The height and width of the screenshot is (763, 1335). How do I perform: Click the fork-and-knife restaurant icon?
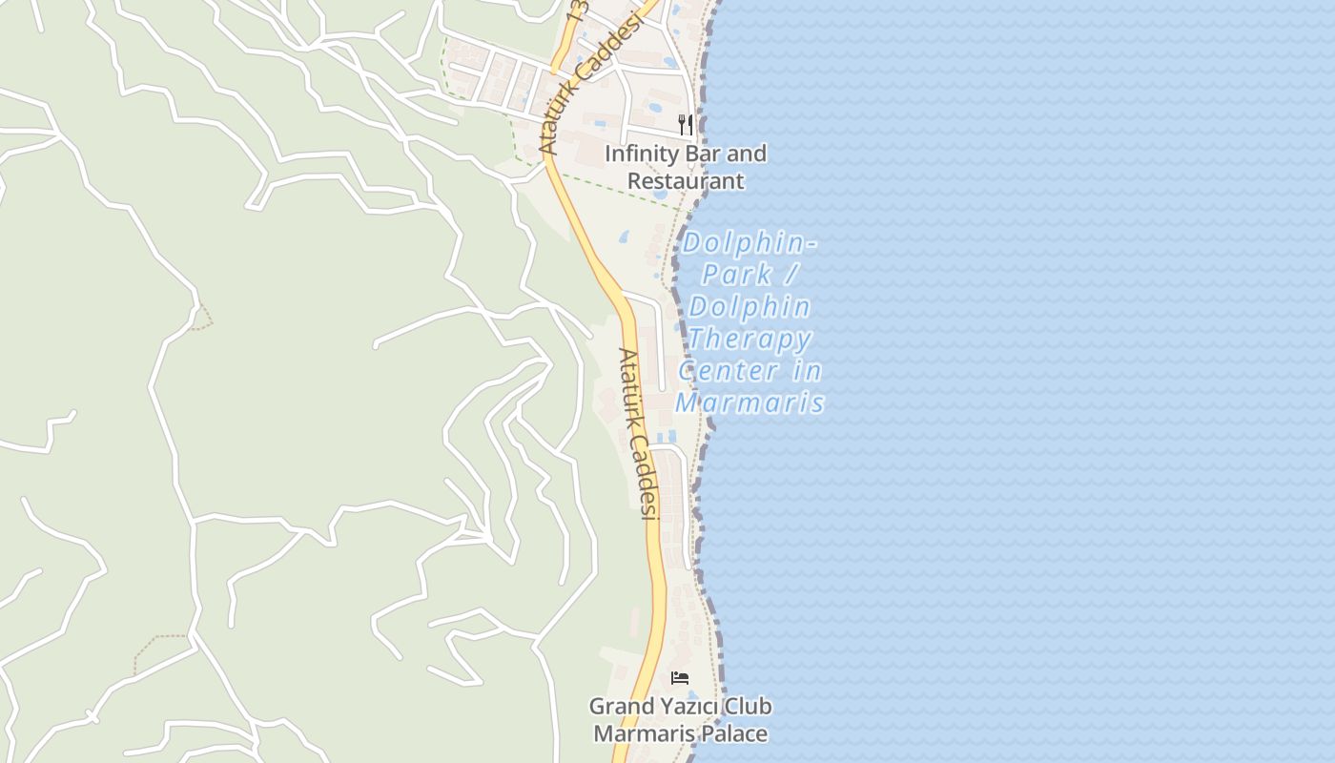(x=685, y=124)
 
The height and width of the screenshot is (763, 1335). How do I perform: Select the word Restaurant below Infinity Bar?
(x=685, y=180)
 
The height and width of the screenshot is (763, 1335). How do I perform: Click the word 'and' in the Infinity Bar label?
(x=748, y=154)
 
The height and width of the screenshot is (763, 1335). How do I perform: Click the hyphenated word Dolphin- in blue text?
(x=750, y=242)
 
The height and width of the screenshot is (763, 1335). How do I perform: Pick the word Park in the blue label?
(x=736, y=275)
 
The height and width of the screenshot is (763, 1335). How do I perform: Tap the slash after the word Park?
(x=791, y=275)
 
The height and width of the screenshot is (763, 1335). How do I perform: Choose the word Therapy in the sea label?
(x=750, y=339)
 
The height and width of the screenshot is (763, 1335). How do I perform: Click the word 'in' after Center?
(x=807, y=370)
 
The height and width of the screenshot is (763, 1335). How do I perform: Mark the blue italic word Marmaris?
(x=750, y=402)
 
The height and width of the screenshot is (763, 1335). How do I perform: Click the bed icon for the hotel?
(x=680, y=678)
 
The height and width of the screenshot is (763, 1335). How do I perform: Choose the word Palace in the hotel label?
(x=733, y=733)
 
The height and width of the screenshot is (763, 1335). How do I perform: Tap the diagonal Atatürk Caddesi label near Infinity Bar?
(x=588, y=84)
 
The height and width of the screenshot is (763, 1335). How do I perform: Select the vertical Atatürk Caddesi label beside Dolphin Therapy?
(x=638, y=433)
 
